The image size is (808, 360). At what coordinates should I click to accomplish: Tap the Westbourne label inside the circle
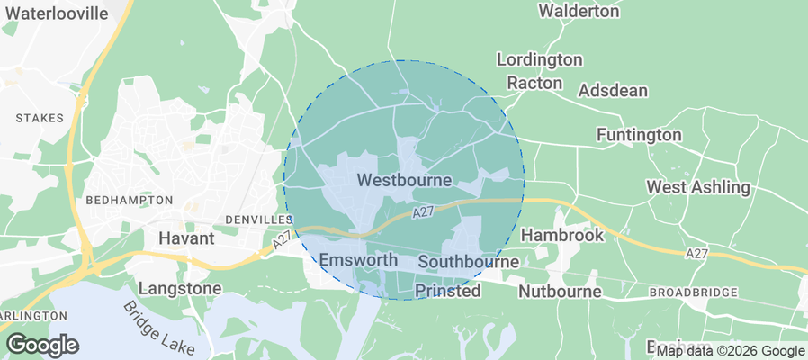tap(404, 180)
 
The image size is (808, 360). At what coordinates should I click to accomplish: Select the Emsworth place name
tap(358, 260)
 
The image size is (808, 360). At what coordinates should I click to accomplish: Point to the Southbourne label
tap(468, 262)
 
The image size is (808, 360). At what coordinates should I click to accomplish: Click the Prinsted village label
tap(447, 291)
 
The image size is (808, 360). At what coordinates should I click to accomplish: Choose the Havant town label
tap(186, 238)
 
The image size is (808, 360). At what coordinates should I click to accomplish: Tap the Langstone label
tap(180, 289)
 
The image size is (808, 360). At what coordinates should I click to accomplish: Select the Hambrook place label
tap(562, 234)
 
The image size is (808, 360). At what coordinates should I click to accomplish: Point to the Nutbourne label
tap(560, 292)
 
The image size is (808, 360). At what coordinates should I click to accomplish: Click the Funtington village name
tap(639, 134)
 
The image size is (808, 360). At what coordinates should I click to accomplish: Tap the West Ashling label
tap(698, 187)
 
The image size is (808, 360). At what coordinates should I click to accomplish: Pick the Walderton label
tap(579, 11)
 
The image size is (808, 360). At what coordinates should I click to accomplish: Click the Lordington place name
tap(540, 59)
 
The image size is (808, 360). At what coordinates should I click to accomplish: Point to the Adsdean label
tap(613, 91)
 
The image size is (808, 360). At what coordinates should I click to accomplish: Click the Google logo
tap(42, 345)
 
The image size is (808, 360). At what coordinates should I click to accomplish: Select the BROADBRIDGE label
tap(693, 292)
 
